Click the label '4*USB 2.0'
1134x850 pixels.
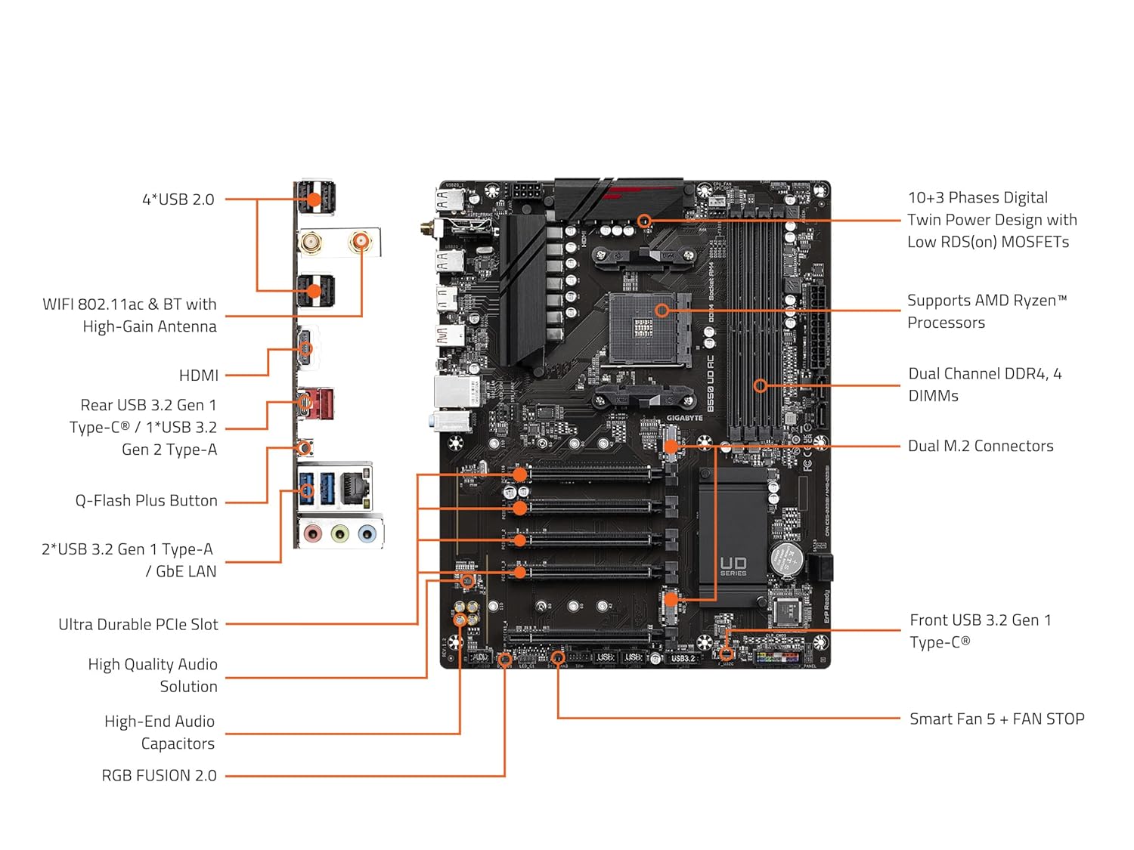coord(178,199)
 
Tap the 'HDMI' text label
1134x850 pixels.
coord(198,376)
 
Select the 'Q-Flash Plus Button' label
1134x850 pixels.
coord(146,500)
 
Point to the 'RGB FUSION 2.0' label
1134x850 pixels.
coord(159,775)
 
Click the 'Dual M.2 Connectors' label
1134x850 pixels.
coord(981,446)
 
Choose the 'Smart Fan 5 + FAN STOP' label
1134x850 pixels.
coord(996,719)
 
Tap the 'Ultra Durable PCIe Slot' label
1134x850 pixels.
coord(138,624)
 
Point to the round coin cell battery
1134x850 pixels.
coord(787,558)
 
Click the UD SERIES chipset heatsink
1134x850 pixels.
coord(733,536)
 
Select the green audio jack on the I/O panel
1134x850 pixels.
coord(340,535)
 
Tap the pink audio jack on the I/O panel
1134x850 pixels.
coord(312,535)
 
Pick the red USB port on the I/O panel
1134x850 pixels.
coord(322,403)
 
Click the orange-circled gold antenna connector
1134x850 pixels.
coord(361,242)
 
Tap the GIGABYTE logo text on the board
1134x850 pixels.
coord(684,418)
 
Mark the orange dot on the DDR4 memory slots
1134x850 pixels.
coord(761,385)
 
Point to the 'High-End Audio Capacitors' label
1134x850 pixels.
coord(159,732)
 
